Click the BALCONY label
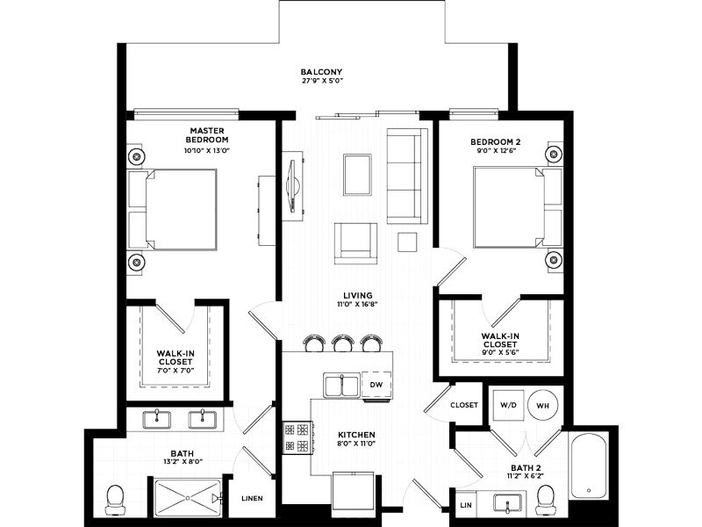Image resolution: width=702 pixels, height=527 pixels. click(321, 72)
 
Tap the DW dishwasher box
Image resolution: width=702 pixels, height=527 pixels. click(376, 385)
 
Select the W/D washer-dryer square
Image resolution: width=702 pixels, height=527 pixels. click(508, 405)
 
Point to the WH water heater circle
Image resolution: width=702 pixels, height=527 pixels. click(542, 406)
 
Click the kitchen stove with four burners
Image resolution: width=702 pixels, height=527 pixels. click(297, 437)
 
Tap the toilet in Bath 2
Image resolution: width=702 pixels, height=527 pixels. click(545, 501)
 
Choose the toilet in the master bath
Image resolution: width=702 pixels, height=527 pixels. click(115, 500)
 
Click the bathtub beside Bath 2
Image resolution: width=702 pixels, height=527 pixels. click(589, 465)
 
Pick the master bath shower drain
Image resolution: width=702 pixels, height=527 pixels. click(188, 497)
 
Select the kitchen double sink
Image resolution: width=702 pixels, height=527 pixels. click(341, 385)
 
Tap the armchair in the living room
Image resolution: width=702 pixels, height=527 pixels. click(355, 243)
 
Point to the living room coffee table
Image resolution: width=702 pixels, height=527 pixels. click(357, 175)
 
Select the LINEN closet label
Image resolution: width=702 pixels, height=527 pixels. click(252, 498)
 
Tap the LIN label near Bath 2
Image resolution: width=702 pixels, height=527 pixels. click(466, 505)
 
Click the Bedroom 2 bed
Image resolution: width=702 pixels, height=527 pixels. click(518, 207)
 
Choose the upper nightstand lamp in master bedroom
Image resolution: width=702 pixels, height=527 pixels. click(137, 156)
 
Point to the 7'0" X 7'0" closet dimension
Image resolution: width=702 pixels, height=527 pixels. click(175, 371)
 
